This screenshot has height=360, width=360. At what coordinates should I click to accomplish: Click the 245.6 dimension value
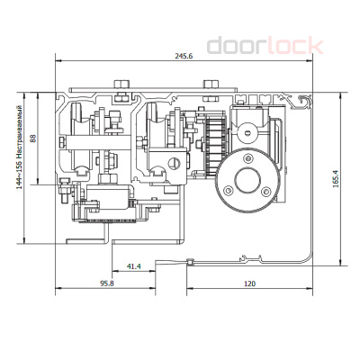pyautogui.click(x=184, y=56)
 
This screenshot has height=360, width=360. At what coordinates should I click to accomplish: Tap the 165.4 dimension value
pyautogui.click(x=336, y=179)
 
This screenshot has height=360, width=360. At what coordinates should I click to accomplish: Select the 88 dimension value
pyautogui.click(x=32, y=139)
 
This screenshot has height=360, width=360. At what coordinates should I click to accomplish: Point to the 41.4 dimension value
pyautogui.click(x=134, y=266)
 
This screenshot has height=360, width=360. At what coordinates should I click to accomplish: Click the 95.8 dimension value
pyautogui.click(x=107, y=283)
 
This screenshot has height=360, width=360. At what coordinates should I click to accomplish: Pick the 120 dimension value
pyautogui.click(x=249, y=283)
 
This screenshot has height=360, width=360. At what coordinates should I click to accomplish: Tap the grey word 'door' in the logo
pyautogui.click(x=237, y=46)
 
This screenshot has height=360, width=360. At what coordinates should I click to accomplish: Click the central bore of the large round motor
pyautogui.click(x=247, y=180)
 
